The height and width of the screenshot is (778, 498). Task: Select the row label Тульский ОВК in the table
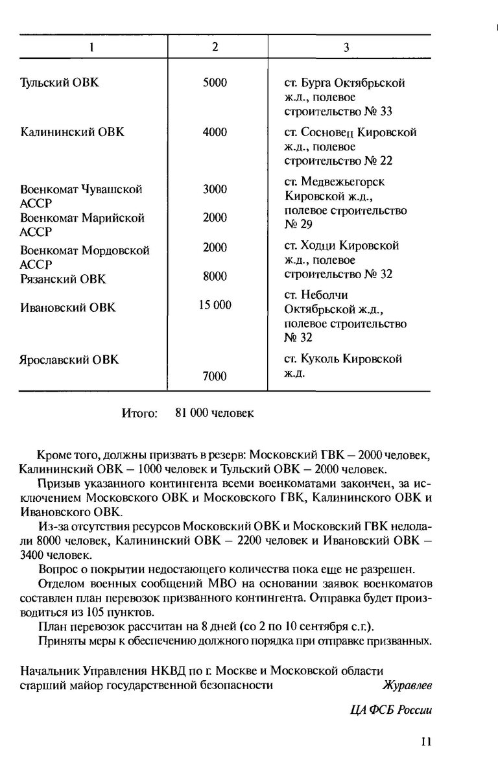tap(59, 83)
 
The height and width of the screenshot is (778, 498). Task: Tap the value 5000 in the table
tap(215, 83)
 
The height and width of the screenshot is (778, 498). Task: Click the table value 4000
tap(215, 132)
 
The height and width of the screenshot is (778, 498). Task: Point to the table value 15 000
tap(215, 305)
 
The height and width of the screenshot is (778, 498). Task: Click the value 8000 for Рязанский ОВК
tap(215, 276)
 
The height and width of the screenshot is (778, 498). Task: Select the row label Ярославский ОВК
tap(69, 359)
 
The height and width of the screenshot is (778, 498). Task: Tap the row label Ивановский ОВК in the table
tap(67, 308)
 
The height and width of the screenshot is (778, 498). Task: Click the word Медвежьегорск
tap(343, 182)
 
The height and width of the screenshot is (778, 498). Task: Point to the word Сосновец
tap(327, 132)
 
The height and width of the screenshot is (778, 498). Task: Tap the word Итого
tap(139, 414)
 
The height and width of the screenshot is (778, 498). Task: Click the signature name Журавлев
tap(407, 684)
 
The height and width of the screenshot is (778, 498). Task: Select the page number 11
tap(425, 742)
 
